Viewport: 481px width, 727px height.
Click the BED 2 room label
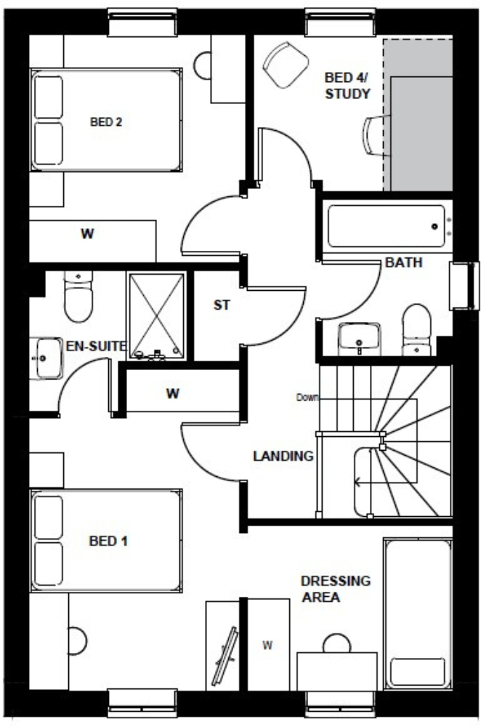click(x=105, y=122)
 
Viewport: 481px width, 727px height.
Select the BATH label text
click(x=404, y=262)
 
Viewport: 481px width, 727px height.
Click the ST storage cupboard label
click(x=221, y=306)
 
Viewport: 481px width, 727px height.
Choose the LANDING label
click(x=283, y=457)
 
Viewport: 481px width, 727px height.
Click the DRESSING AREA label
click(x=335, y=589)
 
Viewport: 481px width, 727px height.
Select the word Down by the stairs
click(x=307, y=397)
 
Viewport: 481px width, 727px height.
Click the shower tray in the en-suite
click(x=155, y=316)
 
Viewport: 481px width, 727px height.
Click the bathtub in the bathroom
click(x=386, y=226)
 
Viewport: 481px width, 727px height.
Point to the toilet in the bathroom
click(x=417, y=331)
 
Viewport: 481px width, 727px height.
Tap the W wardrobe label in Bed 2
click(x=87, y=234)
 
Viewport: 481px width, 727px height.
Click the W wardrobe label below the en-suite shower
click(x=172, y=394)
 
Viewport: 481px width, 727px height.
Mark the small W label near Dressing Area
click(x=267, y=645)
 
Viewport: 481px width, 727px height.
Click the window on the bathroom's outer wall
click(x=461, y=286)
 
